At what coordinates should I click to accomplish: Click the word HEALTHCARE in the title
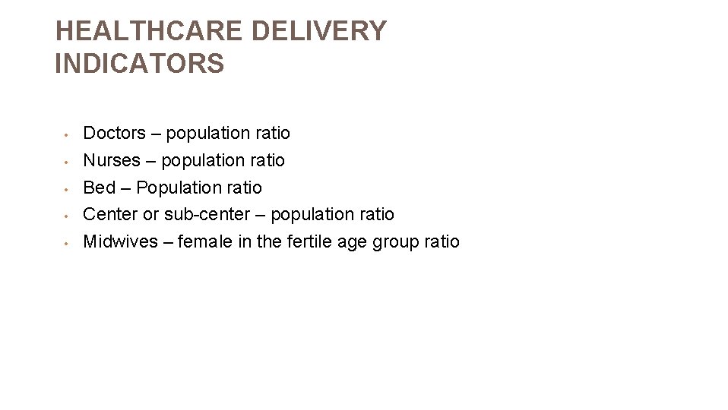149,31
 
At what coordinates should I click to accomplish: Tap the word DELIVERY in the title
318,31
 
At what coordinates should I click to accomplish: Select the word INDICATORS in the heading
140,64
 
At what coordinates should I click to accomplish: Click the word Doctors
114,134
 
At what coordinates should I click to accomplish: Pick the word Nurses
112,161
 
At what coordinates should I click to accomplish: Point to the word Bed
99,188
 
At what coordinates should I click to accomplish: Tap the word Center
110,215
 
